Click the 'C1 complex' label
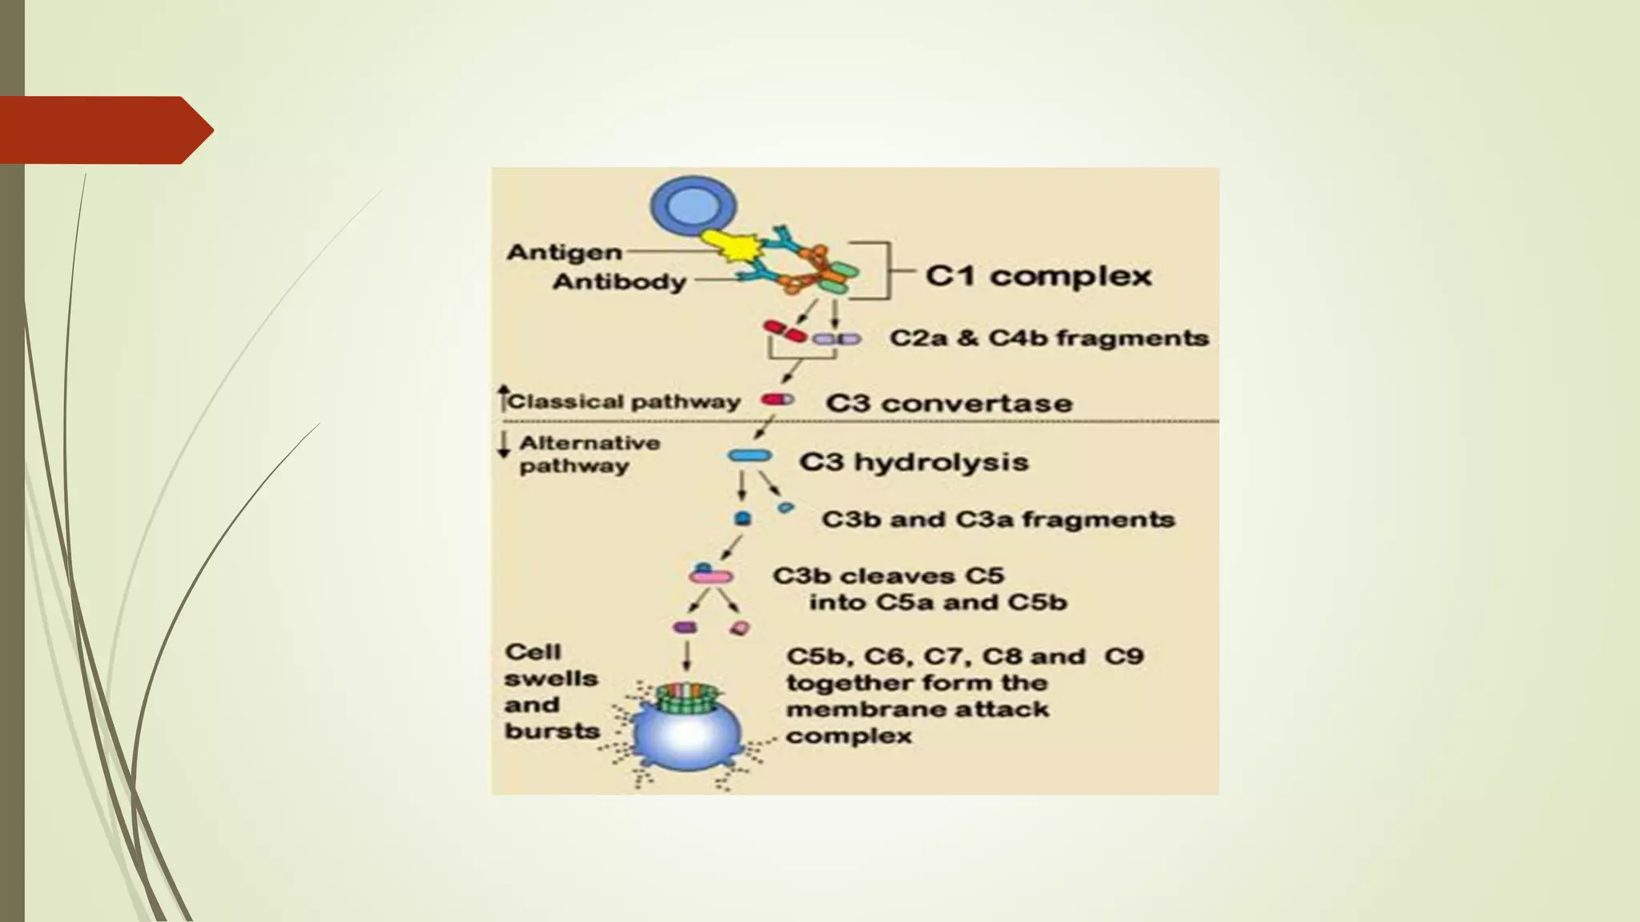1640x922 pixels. click(1038, 276)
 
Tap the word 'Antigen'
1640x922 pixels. click(565, 253)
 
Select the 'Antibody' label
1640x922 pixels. click(620, 282)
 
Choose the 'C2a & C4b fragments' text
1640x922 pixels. click(1048, 339)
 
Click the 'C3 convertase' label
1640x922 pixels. click(948, 403)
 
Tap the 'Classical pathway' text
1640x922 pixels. click(624, 402)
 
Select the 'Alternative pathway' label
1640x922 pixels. click(589, 455)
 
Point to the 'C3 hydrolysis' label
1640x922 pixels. click(914, 462)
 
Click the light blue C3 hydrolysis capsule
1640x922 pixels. click(750, 456)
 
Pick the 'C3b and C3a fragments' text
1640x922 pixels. click(998, 519)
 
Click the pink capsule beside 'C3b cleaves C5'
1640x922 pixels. click(712, 576)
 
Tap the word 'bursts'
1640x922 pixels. click(552, 731)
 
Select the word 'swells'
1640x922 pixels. click(551, 679)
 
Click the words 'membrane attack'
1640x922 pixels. click(917, 709)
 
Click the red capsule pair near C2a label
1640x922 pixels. click(785, 331)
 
